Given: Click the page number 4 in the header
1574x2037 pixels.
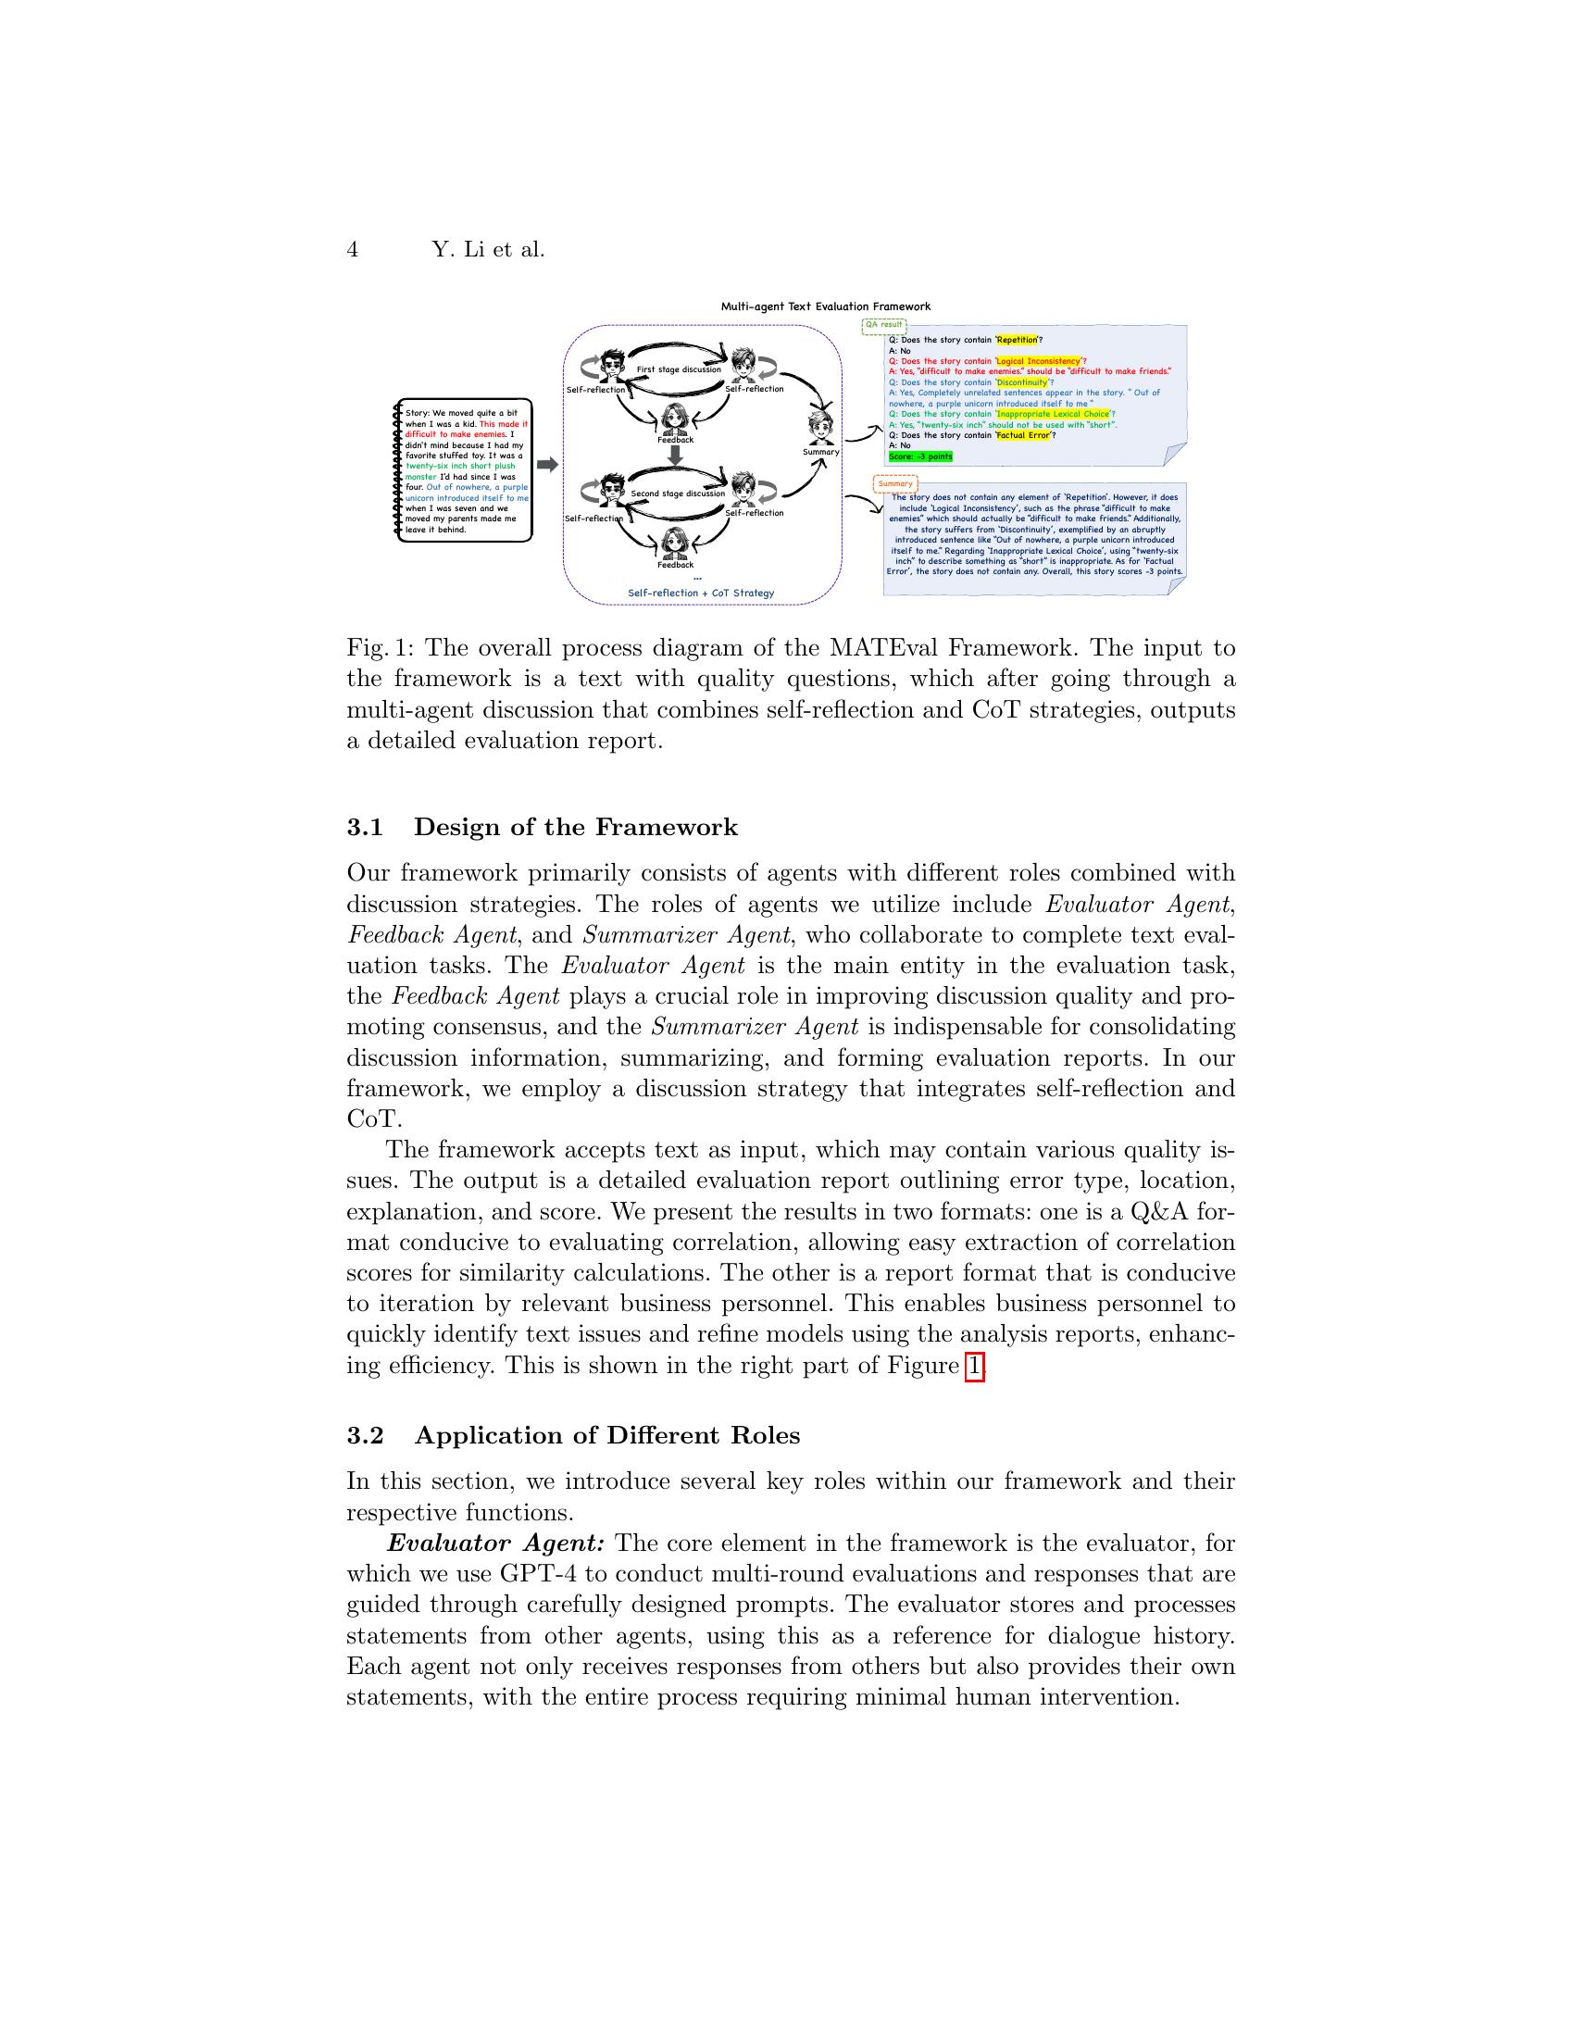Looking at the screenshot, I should tap(353, 250).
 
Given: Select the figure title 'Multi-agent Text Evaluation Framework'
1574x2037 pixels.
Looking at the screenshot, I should tap(825, 306).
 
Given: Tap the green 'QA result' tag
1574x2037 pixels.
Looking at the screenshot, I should tap(883, 326).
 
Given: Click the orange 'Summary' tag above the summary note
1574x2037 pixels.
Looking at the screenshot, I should tap(895, 484).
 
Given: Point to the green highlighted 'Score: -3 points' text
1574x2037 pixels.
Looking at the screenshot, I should tap(920, 457).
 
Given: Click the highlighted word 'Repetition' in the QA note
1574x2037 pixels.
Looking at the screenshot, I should tap(1017, 341).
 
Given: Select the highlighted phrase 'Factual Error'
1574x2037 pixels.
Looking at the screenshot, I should tap(1023, 435).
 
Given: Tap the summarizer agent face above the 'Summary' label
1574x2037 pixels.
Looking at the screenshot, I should tap(821, 428).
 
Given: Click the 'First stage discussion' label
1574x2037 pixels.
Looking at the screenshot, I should tap(678, 369).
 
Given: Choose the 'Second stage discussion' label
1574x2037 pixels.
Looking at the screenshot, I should tap(677, 494).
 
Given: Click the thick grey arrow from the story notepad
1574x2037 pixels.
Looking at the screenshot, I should tap(547, 465).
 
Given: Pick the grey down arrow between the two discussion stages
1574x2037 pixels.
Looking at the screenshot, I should tap(676, 455).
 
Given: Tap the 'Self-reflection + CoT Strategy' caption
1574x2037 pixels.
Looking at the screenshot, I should tap(700, 594).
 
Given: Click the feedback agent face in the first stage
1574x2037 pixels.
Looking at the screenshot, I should tap(675, 419).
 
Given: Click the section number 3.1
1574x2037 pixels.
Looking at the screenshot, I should tap(365, 827).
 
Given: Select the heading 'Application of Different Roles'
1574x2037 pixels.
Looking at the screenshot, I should tap(607, 1435).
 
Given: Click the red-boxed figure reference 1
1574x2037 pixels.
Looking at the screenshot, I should tap(974, 1367).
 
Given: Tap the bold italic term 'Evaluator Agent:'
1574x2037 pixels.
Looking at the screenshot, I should tap(496, 1543).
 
